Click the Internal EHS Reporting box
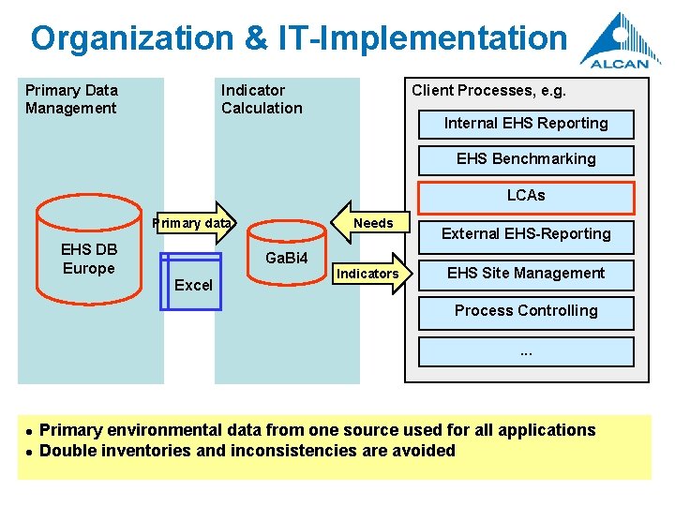click(526, 124)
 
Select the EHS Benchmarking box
click(526, 159)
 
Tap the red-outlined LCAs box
click(526, 196)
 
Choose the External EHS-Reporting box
click(526, 234)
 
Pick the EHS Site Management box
click(526, 274)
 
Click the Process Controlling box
click(526, 311)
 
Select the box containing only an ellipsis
click(526, 351)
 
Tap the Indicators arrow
click(368, 274)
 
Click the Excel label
click(194, 285)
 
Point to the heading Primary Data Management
click(71, 99)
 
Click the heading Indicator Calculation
click(262, 99)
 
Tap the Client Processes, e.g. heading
click(488, 91)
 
